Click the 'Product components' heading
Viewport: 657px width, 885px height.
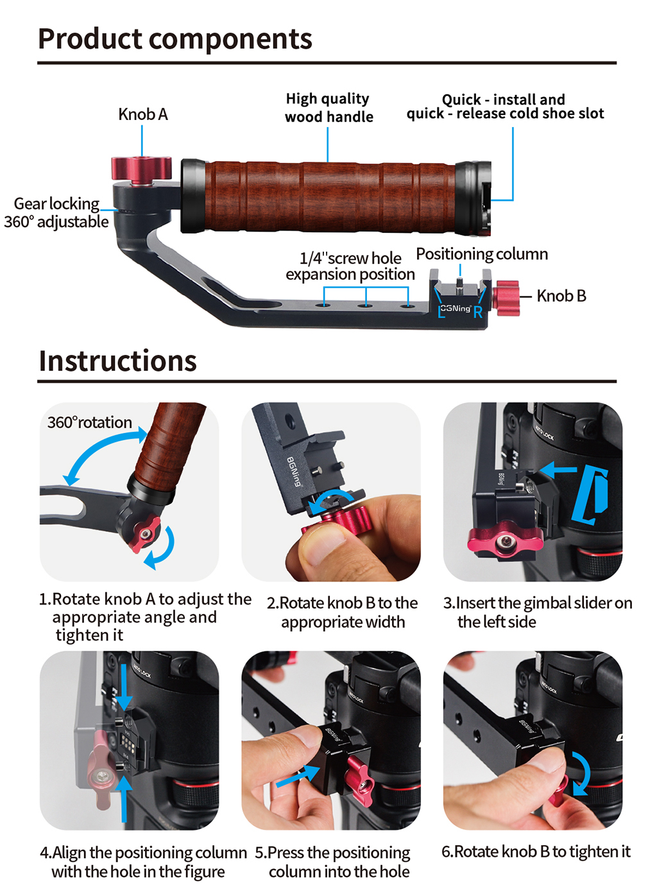pyautogui.click(x=175, y=39)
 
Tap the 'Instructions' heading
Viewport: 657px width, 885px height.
pyautogui.click(x=117, y=361)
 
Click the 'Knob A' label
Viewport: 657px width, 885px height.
pyautogui.click(x=142, y=114)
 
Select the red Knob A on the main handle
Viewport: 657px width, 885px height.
pyautogui.click(x=141, y=168)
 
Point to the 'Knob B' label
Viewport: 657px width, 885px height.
pyautogui.click(x=561, y=296)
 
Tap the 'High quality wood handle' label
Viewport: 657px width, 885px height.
pyautogui.click(x=328, y=108)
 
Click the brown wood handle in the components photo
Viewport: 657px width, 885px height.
pyautogui.click(x=328, y=196)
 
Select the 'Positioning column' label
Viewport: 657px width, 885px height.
pyautogui.click(x=482, y=254)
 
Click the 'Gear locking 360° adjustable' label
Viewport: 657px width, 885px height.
pyautogui.click(x=56, y=213)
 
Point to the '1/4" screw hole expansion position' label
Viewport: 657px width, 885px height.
pyautogui.click(x=350, y=266)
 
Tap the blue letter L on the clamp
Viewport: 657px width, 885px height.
pyautogui.click(x=441, y=313)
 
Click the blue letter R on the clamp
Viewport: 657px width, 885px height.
pyautogui.click(x=477, y=313)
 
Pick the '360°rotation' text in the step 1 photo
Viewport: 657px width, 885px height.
pyautogui.click(x=90, y=422)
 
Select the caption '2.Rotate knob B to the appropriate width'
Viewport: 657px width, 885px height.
pyautogui.click(x=342, y=612)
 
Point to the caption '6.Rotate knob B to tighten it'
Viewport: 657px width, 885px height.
pyautogui.click(x=536, y=852)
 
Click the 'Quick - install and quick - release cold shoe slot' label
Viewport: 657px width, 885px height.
pyautogui.click(x=505, y=107)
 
